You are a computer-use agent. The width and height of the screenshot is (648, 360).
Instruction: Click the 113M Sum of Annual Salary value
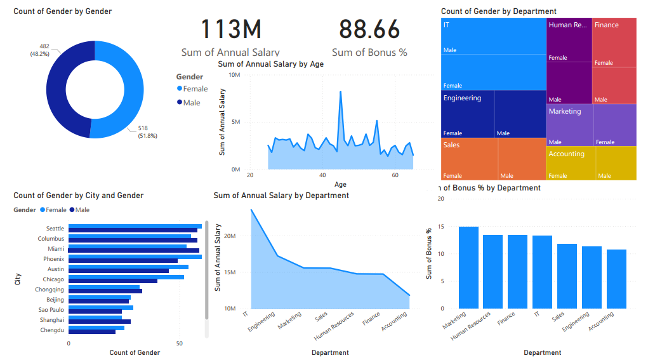[231, 30]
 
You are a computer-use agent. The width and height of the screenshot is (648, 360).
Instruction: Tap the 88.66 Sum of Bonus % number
[369, 30]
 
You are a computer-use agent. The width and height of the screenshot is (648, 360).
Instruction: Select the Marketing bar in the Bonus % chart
[468, 267]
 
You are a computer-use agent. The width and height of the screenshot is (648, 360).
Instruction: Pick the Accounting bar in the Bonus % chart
[616, 279]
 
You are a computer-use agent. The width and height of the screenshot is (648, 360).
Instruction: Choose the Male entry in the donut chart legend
[191, 103]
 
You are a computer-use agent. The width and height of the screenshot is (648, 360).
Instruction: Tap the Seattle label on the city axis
[55, 229]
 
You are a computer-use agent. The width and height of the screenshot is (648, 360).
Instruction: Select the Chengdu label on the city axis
[52, 330]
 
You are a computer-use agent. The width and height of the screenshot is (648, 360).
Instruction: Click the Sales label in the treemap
[452, 145]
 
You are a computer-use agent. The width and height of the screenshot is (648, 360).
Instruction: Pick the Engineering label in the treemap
[462, 98]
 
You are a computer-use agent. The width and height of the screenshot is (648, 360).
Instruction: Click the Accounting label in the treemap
[567, 154]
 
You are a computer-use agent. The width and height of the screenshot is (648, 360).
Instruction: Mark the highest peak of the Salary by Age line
[341, 91]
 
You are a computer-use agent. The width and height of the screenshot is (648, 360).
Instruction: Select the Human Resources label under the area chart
[334, 323]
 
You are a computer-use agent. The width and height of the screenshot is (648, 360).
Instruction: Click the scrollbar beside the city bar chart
[207, 273]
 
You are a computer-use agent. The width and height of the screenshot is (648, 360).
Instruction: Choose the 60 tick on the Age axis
[395, 175]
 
